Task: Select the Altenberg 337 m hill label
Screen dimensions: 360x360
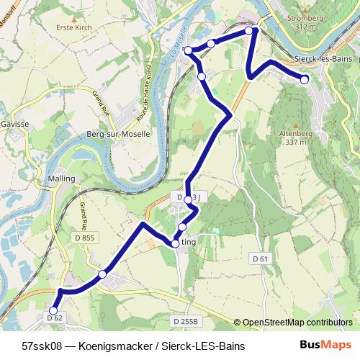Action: [301, 137]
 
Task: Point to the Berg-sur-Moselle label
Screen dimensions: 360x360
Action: [119, 134]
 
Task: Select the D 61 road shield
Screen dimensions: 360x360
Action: [260, 258]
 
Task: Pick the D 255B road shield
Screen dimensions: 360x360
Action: [185, 320]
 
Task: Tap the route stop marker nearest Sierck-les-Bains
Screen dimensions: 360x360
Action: [305, 79]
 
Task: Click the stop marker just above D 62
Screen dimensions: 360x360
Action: [53, 310]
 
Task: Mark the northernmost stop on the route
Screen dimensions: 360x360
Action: [248, 31]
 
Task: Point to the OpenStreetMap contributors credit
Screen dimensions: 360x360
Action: [297, 323]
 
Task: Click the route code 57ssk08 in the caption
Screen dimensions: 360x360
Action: [42, 346]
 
